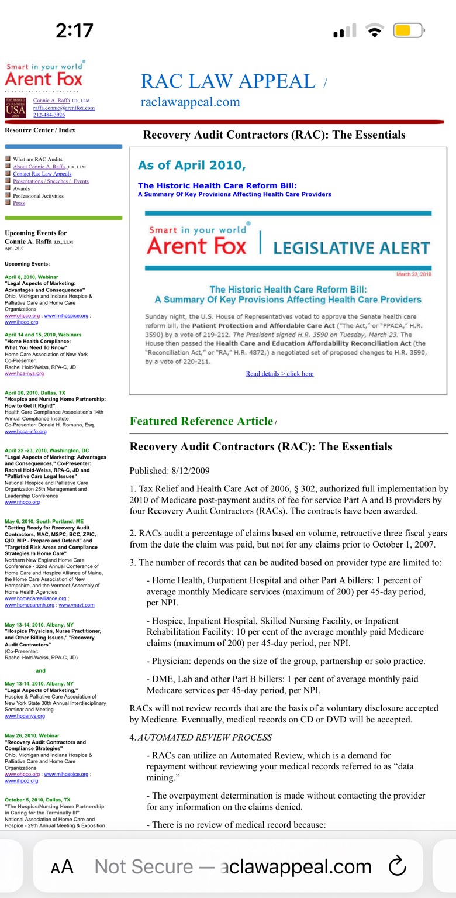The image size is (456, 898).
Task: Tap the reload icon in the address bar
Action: coord(397,866)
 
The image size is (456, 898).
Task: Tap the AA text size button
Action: coord(62,867)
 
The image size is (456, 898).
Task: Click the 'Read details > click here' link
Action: coord(279,373)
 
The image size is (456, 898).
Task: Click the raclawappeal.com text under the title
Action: coord(190,102)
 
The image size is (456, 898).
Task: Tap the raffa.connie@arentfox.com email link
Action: coord(64,108)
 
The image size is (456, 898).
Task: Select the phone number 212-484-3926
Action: coord(49,115)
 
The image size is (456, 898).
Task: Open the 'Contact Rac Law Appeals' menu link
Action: coord(42,174)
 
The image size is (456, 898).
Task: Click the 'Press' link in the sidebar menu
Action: coord(19,203)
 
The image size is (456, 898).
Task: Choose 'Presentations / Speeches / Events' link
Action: coord(51,181)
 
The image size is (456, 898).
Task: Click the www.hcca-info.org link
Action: coord(26,432)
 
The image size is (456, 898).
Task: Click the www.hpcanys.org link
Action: coord(25,715)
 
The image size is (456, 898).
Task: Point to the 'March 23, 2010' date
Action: coord(413,274)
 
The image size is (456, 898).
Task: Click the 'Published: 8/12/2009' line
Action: coord(169,471)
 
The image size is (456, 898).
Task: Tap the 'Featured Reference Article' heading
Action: coord(201,421)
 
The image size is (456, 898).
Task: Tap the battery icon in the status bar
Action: coord(407,30)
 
